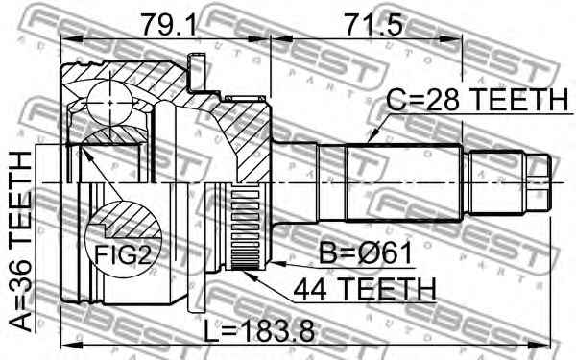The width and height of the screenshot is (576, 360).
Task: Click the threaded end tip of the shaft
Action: (x=543, y=179)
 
